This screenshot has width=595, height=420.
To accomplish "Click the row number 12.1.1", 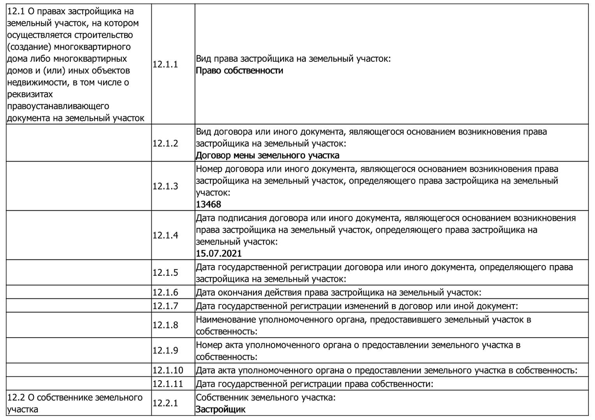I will point(165,65).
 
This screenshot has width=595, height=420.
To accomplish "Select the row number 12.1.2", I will point(165,143).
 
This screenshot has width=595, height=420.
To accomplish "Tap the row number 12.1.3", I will point(165,186).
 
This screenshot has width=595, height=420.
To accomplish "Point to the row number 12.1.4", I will point(165,236).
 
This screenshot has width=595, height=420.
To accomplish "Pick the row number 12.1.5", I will point(165,273).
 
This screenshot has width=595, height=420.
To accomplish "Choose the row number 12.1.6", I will point(165,292).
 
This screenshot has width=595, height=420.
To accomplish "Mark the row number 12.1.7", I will point(165,306).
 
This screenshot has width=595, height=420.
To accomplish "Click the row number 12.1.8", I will point(165,325).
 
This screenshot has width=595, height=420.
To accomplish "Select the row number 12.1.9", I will point(165,350).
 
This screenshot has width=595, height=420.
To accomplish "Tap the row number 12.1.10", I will point(167,370).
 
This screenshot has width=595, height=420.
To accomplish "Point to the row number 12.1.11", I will point(167,384).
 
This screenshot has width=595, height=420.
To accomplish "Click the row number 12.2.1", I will point(165,403).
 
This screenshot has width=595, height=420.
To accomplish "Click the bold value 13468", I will point(208,205).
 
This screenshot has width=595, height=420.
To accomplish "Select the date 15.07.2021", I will point(219,254).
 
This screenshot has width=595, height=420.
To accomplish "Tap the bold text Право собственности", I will point(239,71).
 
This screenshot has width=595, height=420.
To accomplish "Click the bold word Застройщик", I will point(221,409).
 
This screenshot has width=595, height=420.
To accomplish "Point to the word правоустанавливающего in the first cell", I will point(58,106).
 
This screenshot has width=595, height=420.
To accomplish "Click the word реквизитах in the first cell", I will point(30,94).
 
